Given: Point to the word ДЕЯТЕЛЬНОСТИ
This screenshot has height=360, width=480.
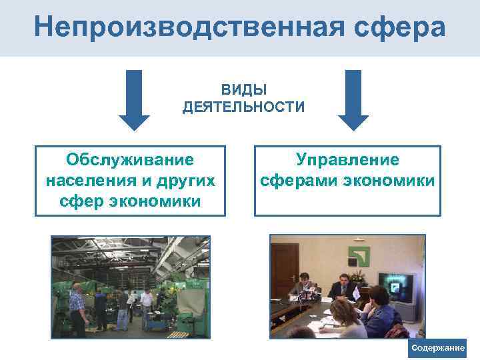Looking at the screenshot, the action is (x=243, y=107).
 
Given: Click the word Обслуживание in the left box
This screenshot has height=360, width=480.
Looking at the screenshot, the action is (x=130, y=160).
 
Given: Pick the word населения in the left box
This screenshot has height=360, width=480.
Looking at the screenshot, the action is (x=89, y=181).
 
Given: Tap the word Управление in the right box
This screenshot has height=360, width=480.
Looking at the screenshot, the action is (x=347, y=160).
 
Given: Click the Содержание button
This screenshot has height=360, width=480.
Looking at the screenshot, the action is (x=438, y=349).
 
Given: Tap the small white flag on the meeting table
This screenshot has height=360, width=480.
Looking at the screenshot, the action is (x=357, y=293).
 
